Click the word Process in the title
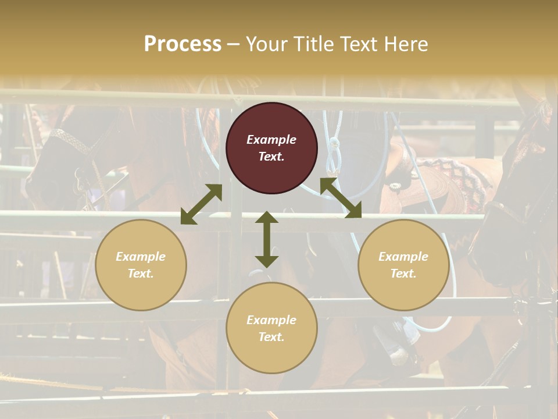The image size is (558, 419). [183, 44]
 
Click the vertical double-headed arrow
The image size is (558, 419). [267, 239]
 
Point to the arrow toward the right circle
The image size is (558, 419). [341, 198]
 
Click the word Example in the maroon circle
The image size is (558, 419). [271, 140]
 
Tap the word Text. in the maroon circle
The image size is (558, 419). [271, 157]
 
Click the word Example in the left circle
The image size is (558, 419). [141, 257]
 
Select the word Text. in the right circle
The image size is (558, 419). [403, 274]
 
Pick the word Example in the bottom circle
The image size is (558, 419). [271, 320]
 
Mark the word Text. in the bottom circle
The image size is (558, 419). [271, 337]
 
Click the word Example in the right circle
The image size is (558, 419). [403, 257]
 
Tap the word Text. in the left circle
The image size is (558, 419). [141, 274]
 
